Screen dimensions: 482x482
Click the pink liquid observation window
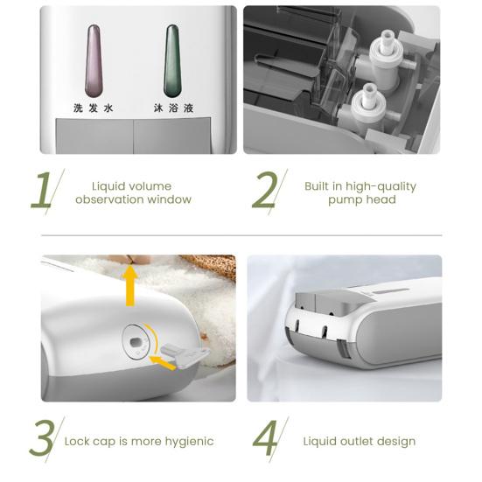[94, 60]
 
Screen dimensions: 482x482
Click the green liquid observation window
[173, 60]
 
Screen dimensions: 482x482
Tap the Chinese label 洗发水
[94, 109]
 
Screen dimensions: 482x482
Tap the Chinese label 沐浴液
[173, 109]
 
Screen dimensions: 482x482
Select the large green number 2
[266, 192]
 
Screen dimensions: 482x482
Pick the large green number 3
[42, 441]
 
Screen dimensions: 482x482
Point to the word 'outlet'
[360, 441]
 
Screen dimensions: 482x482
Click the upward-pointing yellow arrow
[130, 285]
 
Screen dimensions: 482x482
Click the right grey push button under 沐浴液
[172, 136]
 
